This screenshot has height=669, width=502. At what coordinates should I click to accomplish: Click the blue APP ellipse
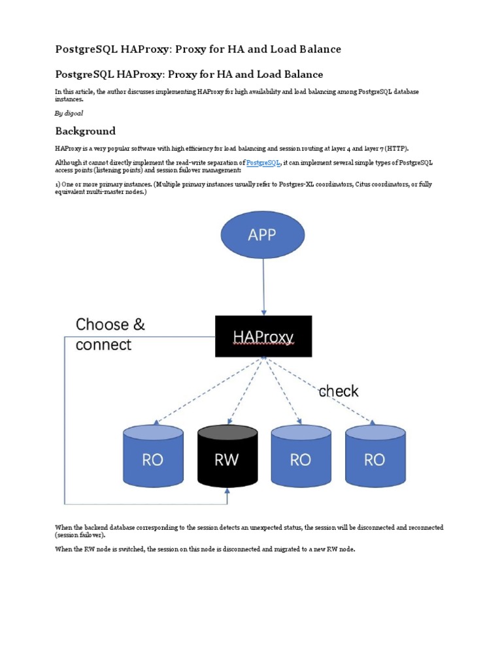coord(263,235)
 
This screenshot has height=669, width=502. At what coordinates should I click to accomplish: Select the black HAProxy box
coord(263,336)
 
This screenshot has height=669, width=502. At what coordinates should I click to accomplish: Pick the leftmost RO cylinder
coord(153,456)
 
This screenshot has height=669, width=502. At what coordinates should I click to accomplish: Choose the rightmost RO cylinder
coord(374,456)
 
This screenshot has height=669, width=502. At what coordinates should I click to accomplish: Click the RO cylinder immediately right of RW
coord(300,456)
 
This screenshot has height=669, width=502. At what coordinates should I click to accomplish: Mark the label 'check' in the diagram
coord(338,391)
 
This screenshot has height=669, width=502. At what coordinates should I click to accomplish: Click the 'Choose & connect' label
coord(110,334)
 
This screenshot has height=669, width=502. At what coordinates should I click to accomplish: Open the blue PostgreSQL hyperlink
coord(263,163)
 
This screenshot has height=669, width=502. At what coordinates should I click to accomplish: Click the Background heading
coord(85,131)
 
